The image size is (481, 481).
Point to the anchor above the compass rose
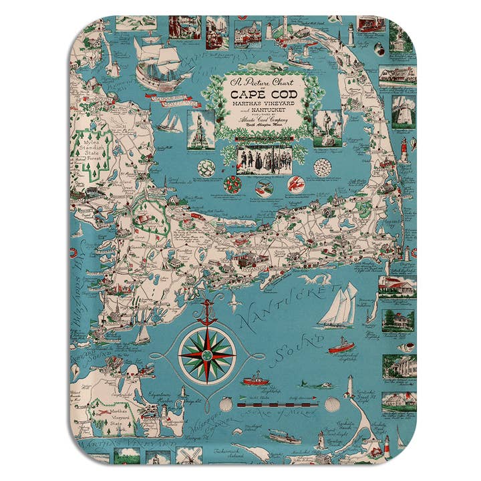coord(207,311)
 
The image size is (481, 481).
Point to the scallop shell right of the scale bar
coord(332,404)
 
